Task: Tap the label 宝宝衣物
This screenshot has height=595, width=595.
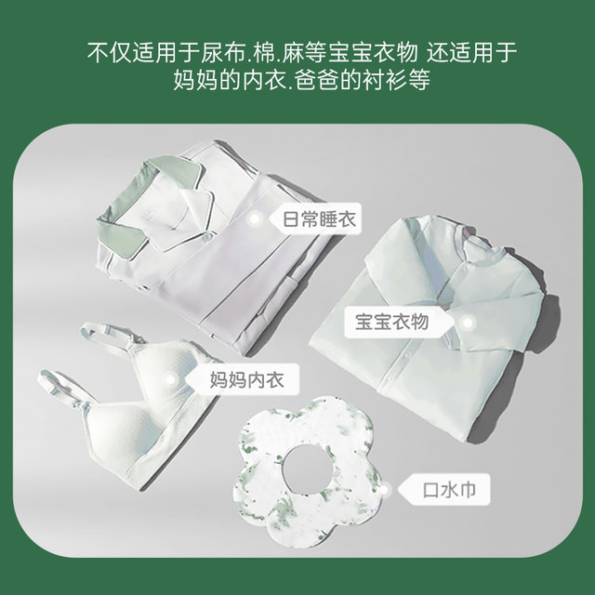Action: tap(391, 323)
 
